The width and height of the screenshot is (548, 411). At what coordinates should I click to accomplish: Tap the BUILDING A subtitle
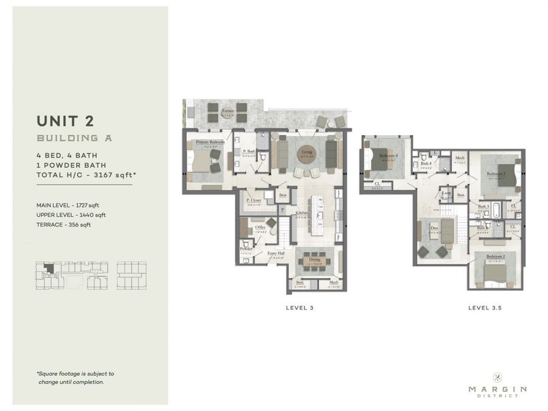point(74,138)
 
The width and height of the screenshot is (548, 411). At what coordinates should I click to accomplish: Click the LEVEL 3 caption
point(300,308)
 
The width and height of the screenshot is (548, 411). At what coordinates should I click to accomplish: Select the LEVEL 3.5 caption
point(485,308)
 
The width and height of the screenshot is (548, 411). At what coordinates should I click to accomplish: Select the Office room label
point(259,227)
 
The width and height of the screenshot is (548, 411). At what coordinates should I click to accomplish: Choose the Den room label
point(434,229)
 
